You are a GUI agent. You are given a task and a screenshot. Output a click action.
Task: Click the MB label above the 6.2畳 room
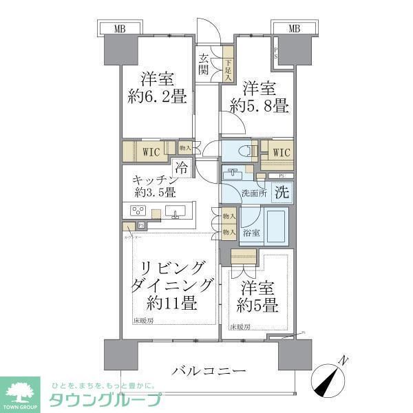[119, 29]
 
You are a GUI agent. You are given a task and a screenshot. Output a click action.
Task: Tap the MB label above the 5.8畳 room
[294, 29]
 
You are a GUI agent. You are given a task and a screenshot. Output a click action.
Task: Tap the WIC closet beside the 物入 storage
[151, 151]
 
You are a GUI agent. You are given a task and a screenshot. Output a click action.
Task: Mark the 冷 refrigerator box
[181, 167]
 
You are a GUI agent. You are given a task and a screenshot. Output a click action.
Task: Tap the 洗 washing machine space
[282, 193]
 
